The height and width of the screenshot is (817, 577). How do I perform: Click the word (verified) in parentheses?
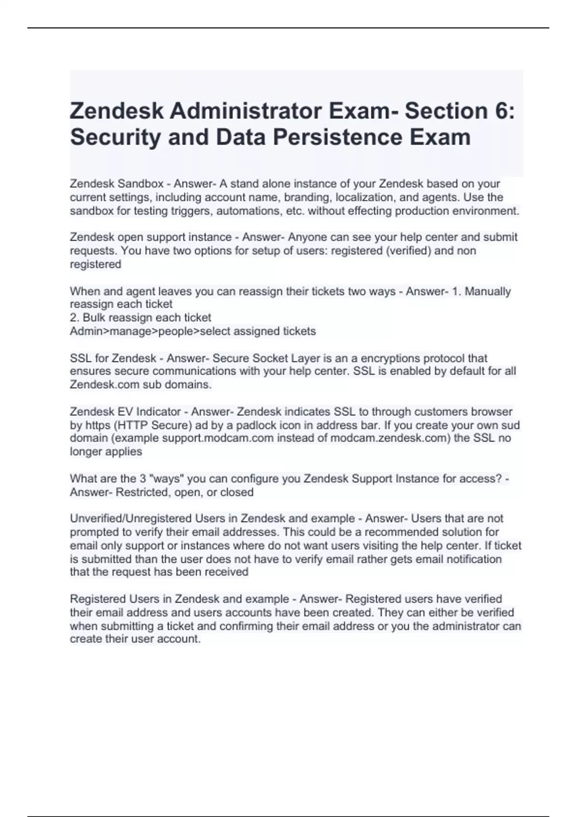[408, 251]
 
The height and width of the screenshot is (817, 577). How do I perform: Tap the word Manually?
[488, 291]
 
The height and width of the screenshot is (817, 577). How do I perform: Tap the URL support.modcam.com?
[218, 438]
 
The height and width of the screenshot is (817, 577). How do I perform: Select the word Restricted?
[143, 492]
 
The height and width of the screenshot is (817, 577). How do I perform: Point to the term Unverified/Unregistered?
[130, 519]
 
